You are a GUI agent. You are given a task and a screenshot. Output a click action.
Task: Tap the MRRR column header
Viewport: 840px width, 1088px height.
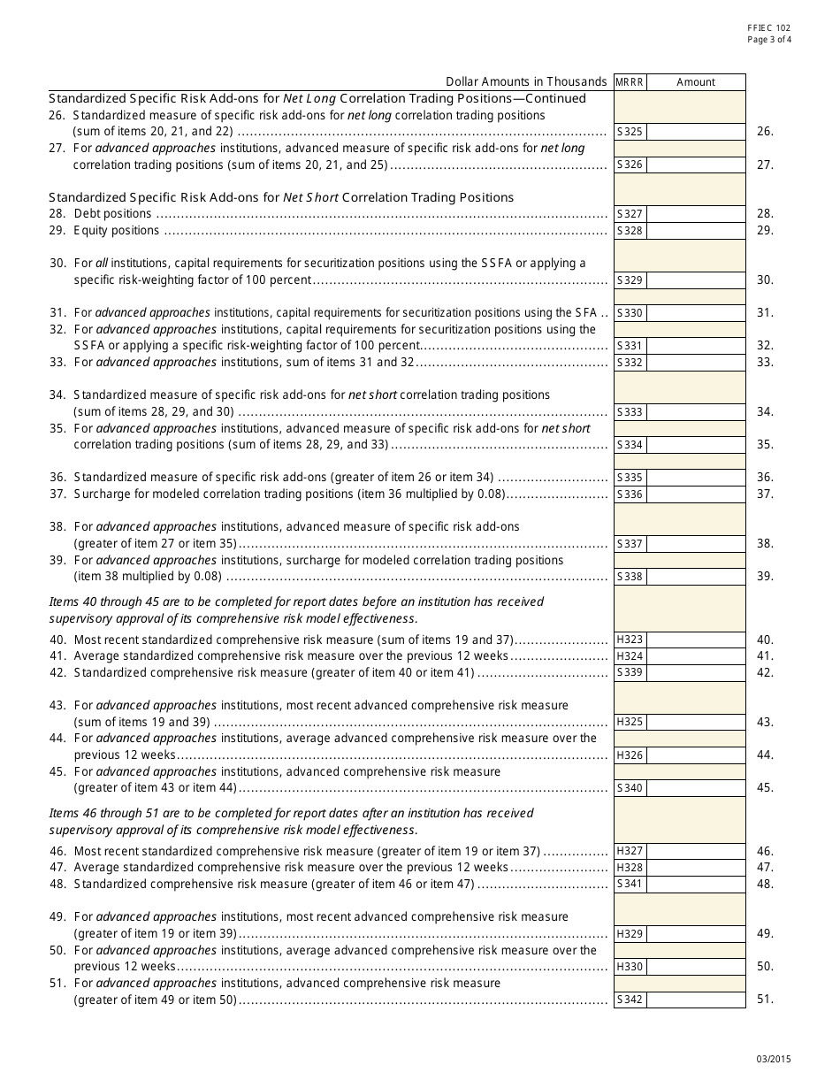pos(630,82)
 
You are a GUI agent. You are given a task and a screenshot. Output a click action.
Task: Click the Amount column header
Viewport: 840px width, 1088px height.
pos(696,82)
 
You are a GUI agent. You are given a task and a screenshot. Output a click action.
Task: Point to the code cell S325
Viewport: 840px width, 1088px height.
pos(630,132)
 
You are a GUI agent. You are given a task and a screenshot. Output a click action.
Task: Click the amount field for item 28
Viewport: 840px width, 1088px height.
pos(696,214)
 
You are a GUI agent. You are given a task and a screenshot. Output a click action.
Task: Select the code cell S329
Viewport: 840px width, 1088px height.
pos(630,280)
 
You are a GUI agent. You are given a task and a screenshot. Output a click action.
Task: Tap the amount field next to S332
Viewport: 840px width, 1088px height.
pos(696,363)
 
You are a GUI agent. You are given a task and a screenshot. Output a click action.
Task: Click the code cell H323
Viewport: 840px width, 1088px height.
pos(630,640)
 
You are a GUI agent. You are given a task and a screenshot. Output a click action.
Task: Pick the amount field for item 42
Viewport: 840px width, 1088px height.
pos(696,673)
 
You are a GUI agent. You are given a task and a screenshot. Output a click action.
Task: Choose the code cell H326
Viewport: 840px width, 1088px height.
pos(630,755)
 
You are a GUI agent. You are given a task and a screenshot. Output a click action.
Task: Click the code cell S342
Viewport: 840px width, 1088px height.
pos(630,1000)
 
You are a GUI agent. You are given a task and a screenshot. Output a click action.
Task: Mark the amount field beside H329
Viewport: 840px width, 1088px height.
pos(696,934)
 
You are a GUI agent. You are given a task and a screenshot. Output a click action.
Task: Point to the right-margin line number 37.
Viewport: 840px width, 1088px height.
pos(765,494)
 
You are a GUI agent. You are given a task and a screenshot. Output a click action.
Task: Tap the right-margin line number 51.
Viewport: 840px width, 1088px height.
pos(765,1000)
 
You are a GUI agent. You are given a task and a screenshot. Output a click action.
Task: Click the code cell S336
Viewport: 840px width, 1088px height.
pos(630,494)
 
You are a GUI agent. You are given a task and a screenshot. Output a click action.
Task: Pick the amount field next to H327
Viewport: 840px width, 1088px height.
pos(696,851)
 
